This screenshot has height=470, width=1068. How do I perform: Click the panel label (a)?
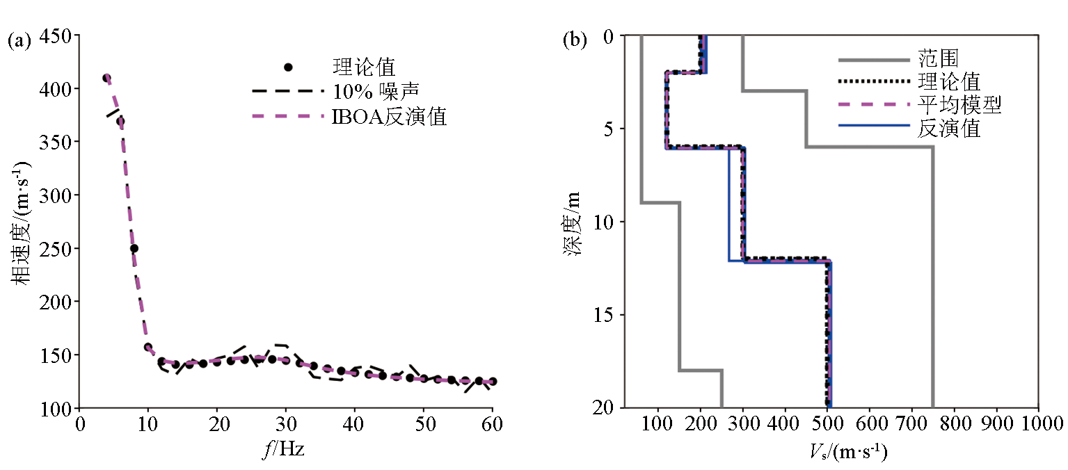[x=19, y=40]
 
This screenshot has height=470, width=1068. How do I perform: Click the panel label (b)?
[x=575, y=40]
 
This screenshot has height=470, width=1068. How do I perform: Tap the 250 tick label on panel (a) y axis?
[x=59, y=248]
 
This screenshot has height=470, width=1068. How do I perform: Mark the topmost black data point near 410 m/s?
[x=106, y=78]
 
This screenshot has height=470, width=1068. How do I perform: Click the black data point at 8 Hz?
[x=134, y=248]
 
